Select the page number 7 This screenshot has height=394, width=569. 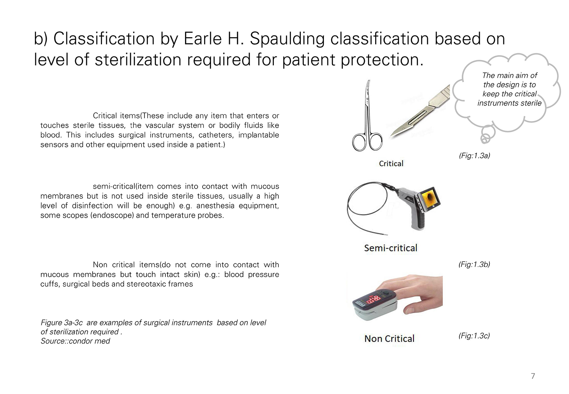[533, 376]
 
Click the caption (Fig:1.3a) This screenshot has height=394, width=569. [474, 156]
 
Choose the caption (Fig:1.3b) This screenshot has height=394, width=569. [474, 264]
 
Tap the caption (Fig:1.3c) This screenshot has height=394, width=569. [474, 336]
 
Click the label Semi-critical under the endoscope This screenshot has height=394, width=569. [391, 248]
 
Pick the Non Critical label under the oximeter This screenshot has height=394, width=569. [389, 339]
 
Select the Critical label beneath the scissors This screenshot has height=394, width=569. [391, 164]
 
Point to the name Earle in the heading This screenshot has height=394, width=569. [203, 39]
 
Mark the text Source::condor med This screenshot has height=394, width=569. [75, 341]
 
